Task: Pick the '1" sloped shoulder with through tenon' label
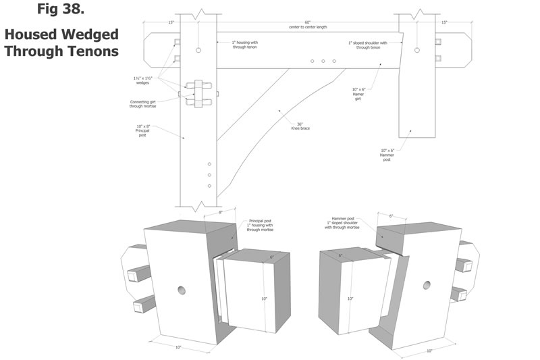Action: click(368, 45)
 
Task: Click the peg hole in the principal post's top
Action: click(198, 51)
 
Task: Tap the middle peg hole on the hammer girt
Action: click(323, 61)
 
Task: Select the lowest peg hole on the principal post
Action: click(209, 186)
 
